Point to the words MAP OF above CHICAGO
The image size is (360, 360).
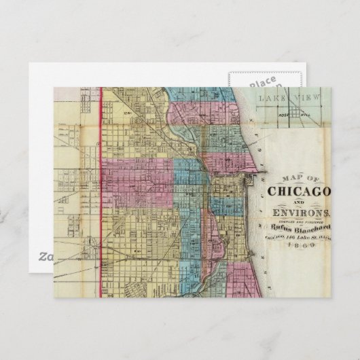coord(293,180)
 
